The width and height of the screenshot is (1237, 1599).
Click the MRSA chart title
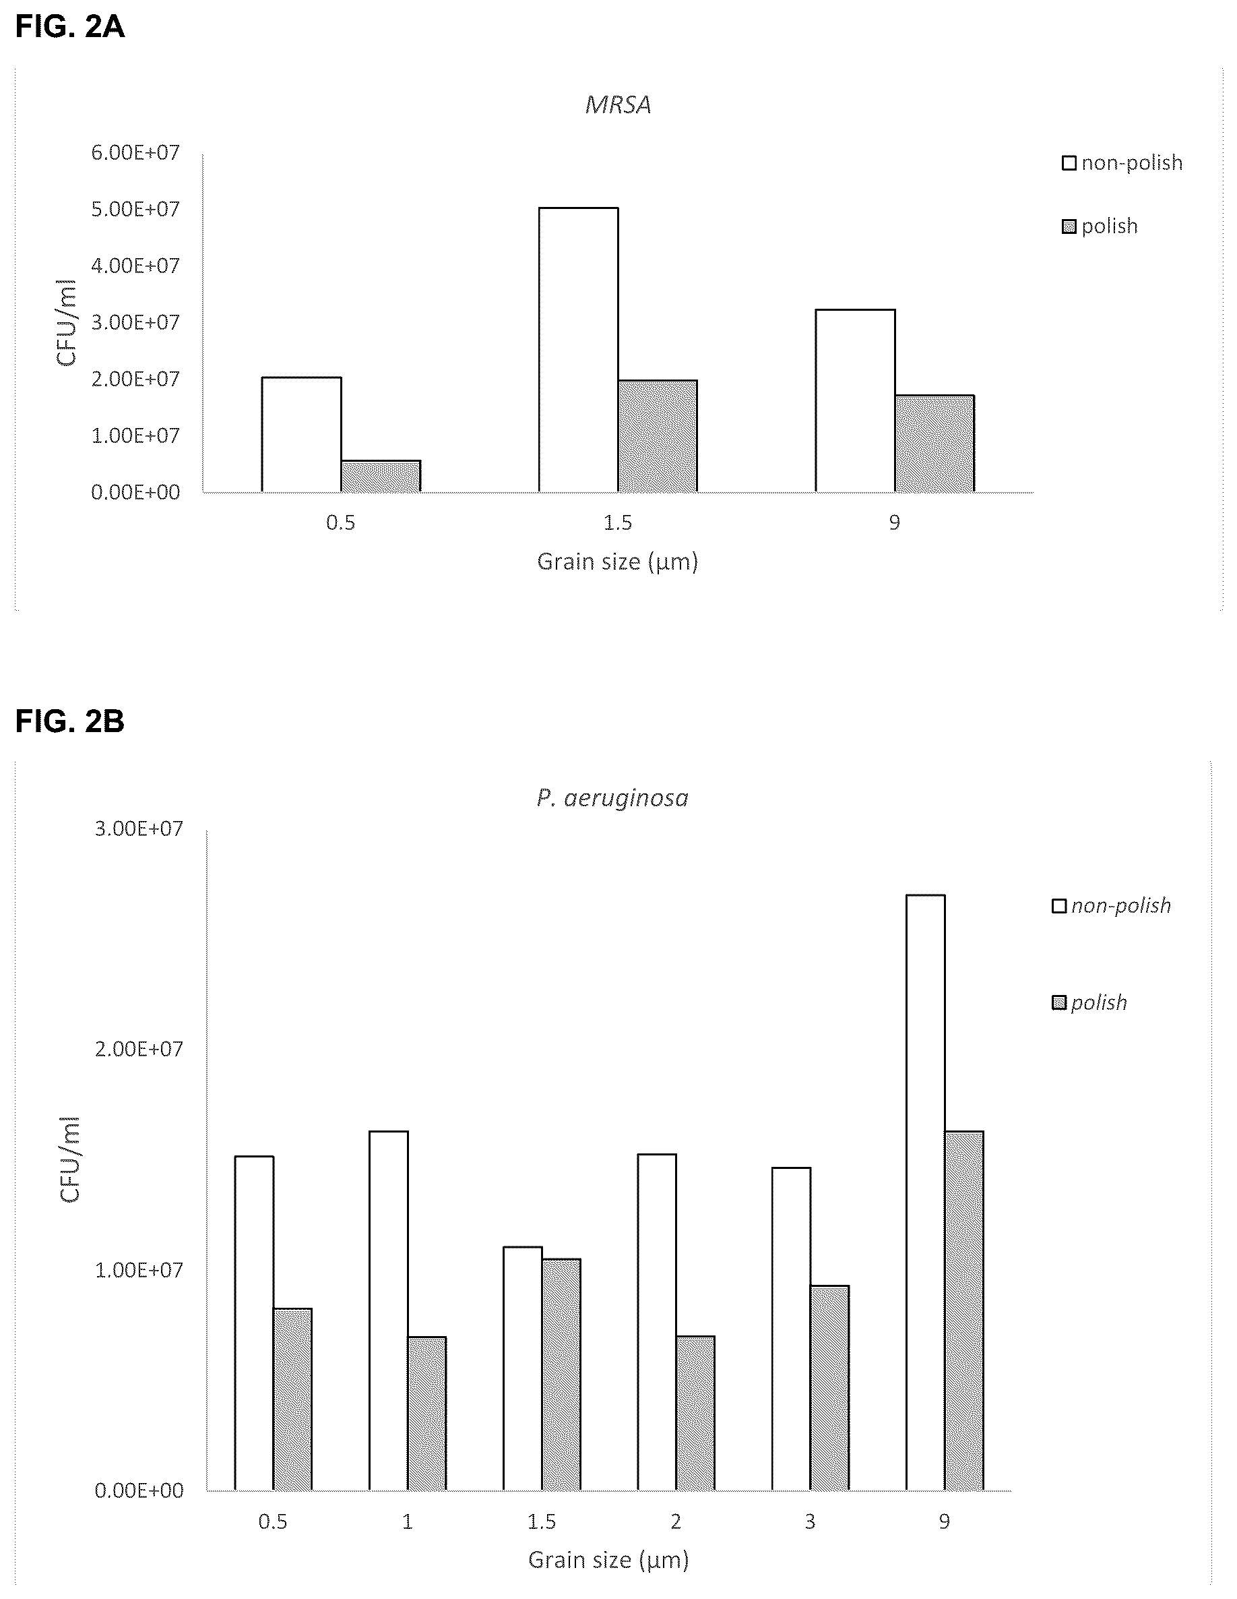(x=618, y=105)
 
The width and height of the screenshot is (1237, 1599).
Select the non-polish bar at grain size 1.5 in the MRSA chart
(x=578, y=350)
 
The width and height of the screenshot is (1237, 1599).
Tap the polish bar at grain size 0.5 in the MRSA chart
(x=381, y=476)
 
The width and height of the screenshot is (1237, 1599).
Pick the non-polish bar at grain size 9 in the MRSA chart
(x=855, y=400)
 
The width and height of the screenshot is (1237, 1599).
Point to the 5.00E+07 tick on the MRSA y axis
(x=135, y=210)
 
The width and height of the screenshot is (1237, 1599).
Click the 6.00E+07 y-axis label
(x=135, y=152)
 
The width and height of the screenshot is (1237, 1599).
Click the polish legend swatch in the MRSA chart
(x=1069, y=227)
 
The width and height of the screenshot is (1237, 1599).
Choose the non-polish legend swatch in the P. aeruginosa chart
(x=1058, y=907)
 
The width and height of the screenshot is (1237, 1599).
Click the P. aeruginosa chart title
(x=612, y=798)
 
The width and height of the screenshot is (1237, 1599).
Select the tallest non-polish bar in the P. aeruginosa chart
(x=925, y=1193)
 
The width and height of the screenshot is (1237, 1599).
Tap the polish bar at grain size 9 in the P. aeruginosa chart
(x=964, y=1310)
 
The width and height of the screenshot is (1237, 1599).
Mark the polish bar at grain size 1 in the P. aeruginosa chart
(x=426, y=1414)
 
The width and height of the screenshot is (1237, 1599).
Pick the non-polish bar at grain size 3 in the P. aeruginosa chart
(x=791, y=1329)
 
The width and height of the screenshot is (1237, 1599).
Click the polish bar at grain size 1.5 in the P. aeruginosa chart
(x=561, y=1375)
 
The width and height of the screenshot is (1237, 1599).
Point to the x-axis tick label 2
(x=676, y=1522)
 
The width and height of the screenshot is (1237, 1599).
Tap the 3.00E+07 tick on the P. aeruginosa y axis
(x=139, y=828)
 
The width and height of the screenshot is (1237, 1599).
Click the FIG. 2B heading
(x=70, y=721)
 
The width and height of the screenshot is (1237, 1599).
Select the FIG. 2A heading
(x=70, y=26)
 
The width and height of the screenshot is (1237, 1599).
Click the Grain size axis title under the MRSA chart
(x=618, y=562)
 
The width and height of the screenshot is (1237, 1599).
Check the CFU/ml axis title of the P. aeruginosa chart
(x=69, y=1160)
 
